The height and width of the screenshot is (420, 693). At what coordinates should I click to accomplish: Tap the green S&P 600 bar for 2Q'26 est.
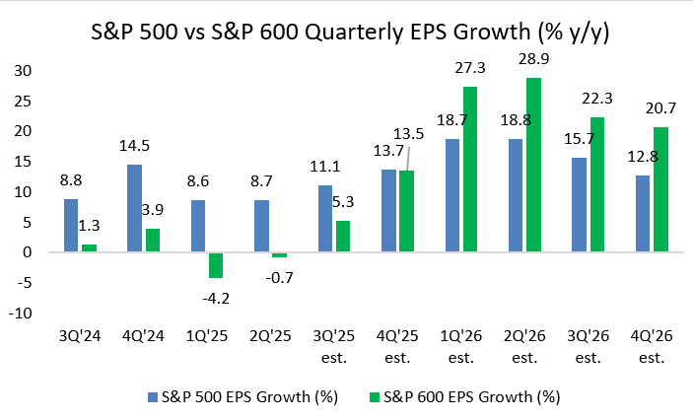click(533, 165)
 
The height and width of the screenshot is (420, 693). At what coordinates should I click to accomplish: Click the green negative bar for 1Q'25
click(215, 264)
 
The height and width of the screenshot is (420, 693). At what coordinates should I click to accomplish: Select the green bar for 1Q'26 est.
click(469, 169)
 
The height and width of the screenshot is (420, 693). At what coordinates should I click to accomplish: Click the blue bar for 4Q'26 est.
click(643, 213)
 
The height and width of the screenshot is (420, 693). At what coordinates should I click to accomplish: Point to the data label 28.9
click(533, 60)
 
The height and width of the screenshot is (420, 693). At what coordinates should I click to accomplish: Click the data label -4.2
click(216, 292)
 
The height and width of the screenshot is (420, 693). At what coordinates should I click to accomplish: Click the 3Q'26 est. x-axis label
click(589, 344)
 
